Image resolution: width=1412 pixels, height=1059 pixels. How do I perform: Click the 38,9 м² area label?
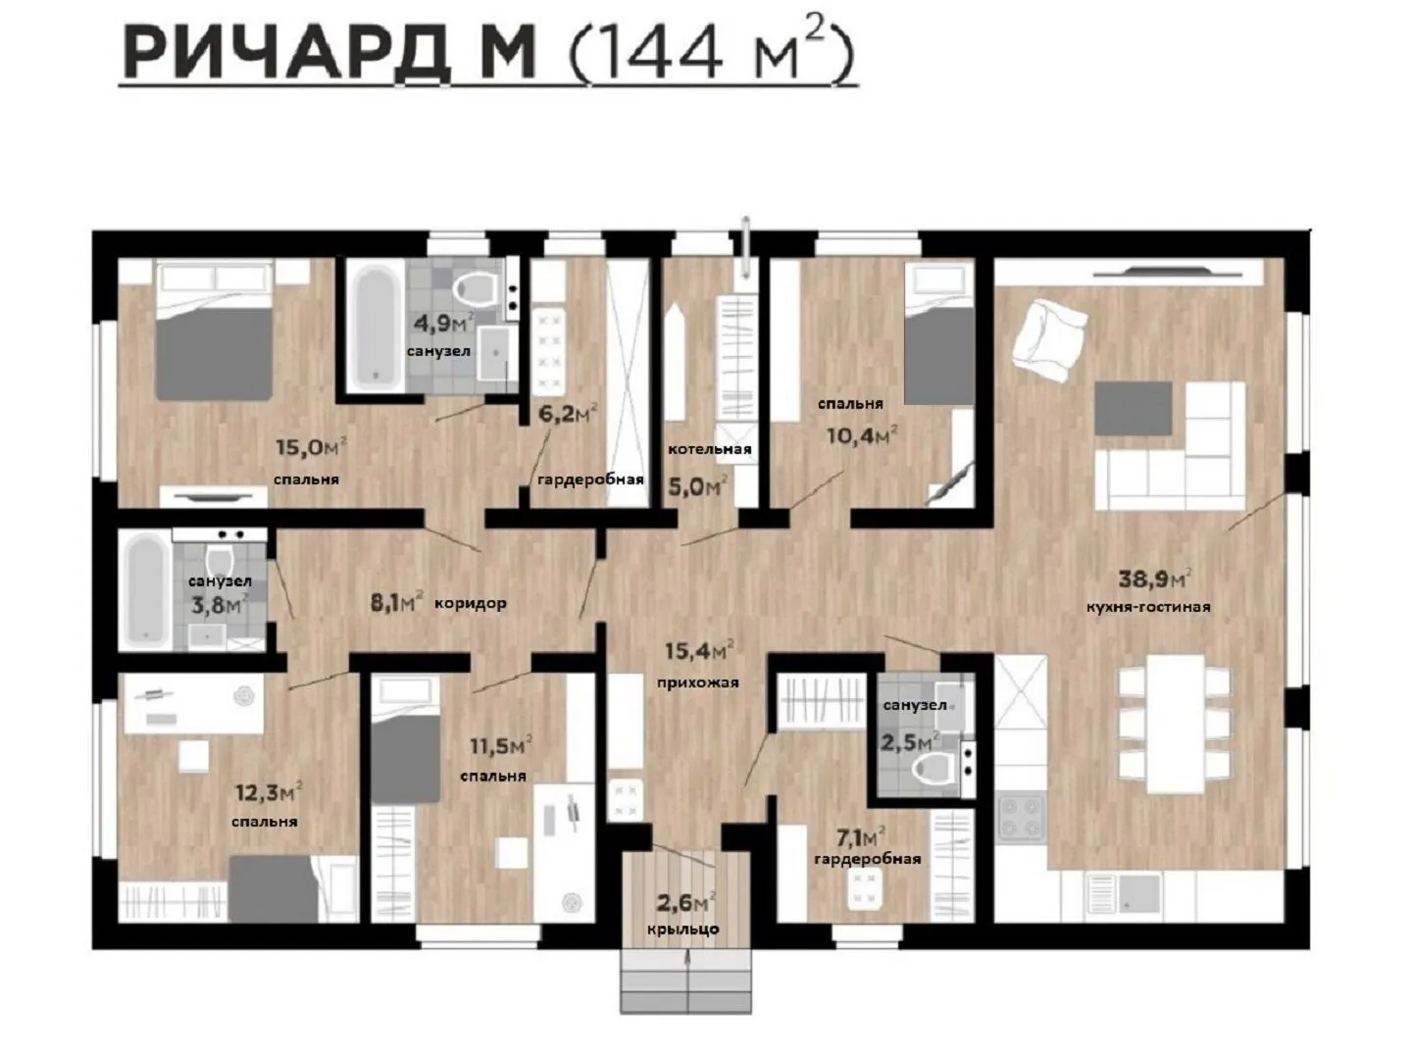coord(1155,579)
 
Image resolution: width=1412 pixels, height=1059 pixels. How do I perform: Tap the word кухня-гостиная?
coord(1148,606)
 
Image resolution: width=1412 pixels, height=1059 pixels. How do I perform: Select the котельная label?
coord(710,449)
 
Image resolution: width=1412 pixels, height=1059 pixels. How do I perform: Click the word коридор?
coord(471,603)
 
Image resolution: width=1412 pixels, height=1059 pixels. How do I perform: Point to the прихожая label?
coord(698,682)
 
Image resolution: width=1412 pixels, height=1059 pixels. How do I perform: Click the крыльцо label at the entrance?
coord(683,930)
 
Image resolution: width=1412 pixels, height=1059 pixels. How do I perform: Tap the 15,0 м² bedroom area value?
coord(312,446)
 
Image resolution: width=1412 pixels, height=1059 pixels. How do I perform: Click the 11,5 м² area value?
coord(501,746)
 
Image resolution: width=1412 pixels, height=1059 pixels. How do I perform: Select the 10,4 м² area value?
coord(862,436)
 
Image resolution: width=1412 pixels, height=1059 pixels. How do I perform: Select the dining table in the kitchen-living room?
coord(1176,724)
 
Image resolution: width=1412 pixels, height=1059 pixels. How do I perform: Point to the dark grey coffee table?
coord(1133,408)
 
